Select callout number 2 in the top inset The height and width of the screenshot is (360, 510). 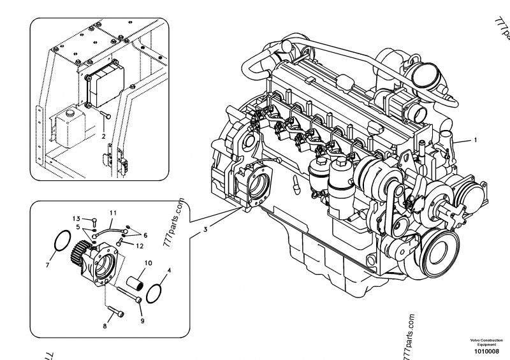(x=103, y=135)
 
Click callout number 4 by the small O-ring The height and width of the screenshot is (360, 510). (x=168, y=271)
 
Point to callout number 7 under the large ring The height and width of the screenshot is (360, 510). (x=47, y=263)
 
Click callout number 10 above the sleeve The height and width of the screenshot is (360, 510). (x=147, y=263)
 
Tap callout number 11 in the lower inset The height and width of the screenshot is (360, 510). (x=112, y=212)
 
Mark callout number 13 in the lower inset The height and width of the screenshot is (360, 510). (x=75, y=218)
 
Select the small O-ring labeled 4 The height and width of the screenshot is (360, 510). (x=153, y=294)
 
